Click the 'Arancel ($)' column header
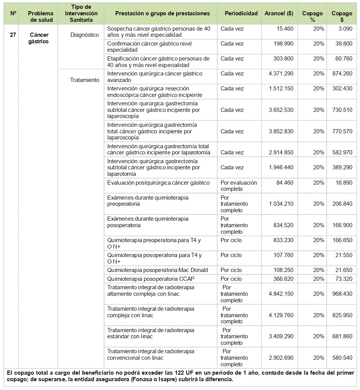(279, 13)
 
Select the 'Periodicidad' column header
(241, 13)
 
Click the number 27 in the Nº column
(13, 35)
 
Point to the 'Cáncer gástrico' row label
(39, 38)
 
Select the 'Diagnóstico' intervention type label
(85, 35)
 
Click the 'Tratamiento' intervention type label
(85, 80)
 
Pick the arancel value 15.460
(285, 29)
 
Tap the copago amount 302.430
(342, 88)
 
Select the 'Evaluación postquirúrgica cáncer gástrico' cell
(159, 183)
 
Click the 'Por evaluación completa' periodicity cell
(239, 186)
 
